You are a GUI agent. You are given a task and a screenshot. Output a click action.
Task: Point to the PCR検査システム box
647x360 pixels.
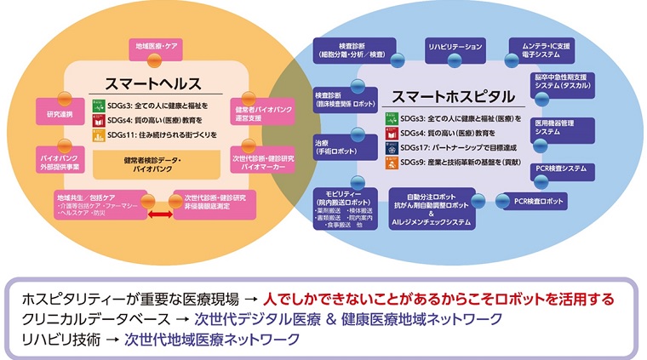point(564,168)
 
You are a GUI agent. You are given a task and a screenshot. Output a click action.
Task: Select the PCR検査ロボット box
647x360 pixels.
point(539,202)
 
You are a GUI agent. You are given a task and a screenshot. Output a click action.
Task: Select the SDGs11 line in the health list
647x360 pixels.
point(160,134)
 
